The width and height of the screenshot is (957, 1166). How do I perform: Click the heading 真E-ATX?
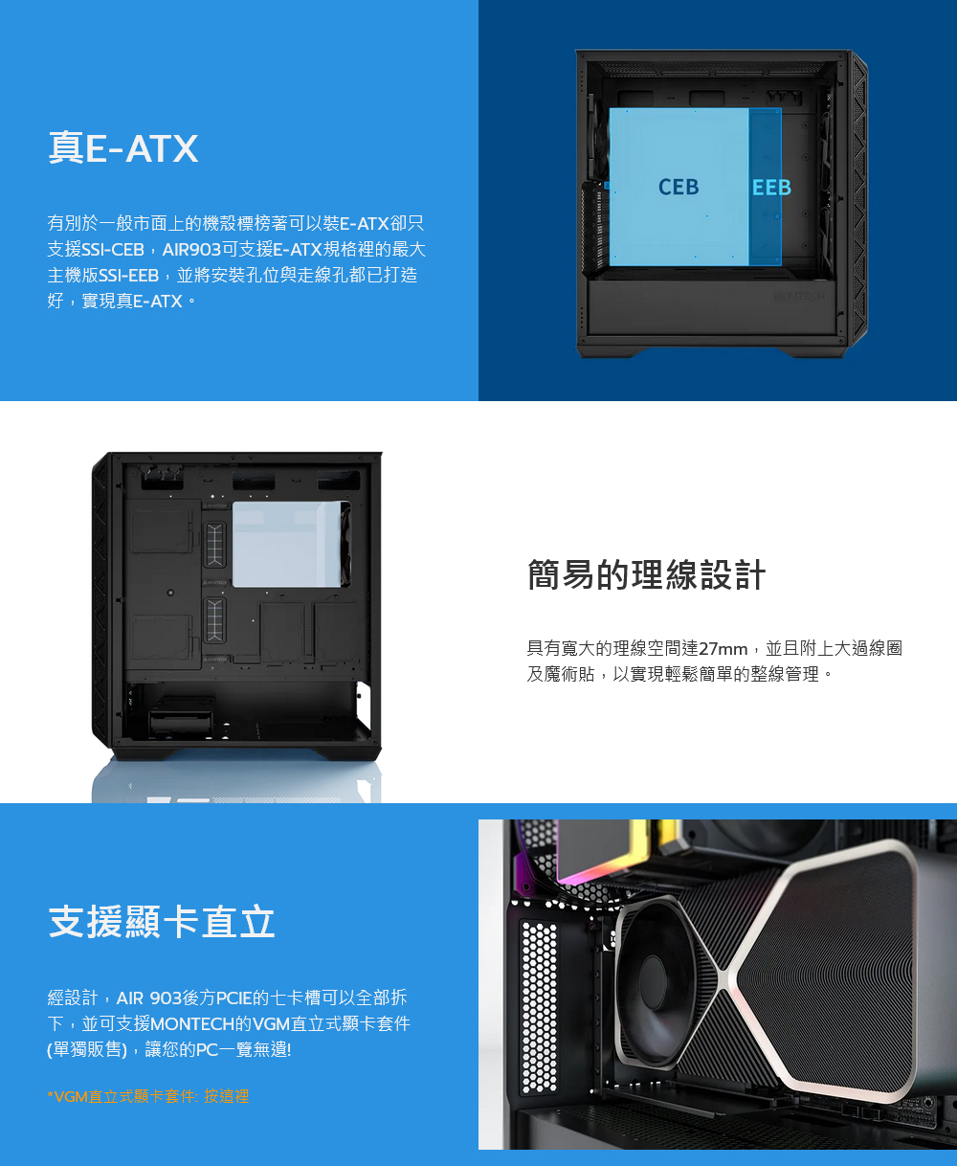[x=122, y=147]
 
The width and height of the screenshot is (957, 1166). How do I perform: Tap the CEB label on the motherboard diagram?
[x=679, y=187]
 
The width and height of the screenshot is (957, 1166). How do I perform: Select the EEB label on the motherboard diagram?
[x=771, y=188]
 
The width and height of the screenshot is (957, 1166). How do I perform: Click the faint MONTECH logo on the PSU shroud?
[x=799, y=297]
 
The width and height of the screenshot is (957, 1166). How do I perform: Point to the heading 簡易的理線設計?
[x=646, y=574]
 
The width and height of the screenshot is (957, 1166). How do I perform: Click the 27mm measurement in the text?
[x=723, y=648]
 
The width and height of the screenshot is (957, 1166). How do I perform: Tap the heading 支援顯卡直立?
[x=162, y=922]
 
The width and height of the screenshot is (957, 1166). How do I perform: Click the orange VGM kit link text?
[x=148, y=1096]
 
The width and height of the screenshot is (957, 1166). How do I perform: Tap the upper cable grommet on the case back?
[x=214, y=545]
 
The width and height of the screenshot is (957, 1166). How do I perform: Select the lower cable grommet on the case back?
[x=214, y=620]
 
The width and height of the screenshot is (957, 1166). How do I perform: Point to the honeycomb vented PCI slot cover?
[x=539, y=1007]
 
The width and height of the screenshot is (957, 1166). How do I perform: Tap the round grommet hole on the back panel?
[x=170, y=593]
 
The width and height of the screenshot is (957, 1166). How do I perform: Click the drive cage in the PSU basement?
[x=180, y=723]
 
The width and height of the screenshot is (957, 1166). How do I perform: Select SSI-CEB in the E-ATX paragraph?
[x=112, y=249]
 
